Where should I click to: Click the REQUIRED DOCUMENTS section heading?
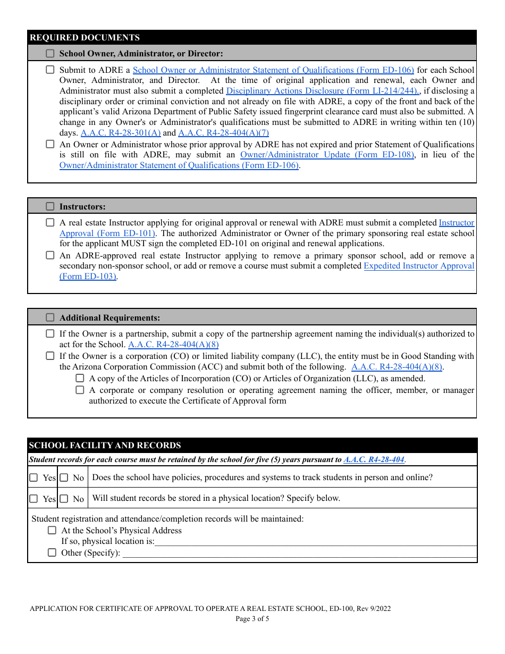click(x=85, y=38)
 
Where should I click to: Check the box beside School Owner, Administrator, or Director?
click(x=50, y=53)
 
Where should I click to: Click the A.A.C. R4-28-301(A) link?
click(x=121, y=133)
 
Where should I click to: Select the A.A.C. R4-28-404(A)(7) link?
click(x=223, y=133)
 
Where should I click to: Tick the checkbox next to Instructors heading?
click(x=50, y=206)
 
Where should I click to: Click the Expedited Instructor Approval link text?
click(x=419, y=266)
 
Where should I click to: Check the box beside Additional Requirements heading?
click(x=50, y=317)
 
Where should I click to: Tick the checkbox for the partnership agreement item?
click(x=50, y=334)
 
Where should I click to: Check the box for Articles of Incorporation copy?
click(x=80, y=379)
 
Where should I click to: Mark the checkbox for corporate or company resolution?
click(x=80, y=390)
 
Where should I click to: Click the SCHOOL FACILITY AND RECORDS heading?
click(x=105, y=446)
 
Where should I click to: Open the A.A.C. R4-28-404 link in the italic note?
click(x=374, y=460)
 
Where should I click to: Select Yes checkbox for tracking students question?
click(x=33, y=477)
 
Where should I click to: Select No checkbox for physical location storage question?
click(x=64, y=499)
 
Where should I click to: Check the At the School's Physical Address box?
click(x=52, y=530)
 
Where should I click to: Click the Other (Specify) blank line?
click(x=298, y=554)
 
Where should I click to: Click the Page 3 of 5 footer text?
click(x=252, y=618)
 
